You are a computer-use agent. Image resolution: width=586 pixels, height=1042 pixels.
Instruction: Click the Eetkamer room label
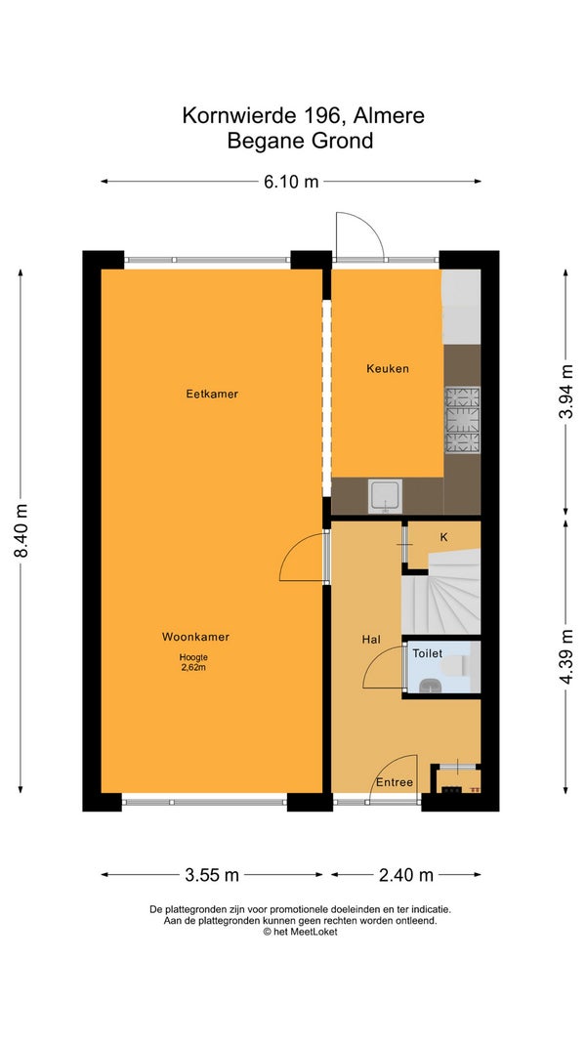tap(212, 395)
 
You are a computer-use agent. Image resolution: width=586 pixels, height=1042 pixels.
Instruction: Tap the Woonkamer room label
tap(196, 637)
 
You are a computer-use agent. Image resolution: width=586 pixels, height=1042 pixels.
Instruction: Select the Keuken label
tap(388, 368)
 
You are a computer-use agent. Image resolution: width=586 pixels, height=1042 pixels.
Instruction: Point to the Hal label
tap(371, 640)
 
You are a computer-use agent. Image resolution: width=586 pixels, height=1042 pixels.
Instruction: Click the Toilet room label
tap(427, 654)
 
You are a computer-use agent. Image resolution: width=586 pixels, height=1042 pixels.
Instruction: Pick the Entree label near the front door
tap(395, 782)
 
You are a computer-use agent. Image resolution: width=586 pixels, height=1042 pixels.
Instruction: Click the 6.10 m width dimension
tap(291, 182)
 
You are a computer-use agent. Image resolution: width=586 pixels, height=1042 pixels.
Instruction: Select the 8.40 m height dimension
tap(21, 531)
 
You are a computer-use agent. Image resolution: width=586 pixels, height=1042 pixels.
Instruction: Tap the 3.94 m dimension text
tap(566, 392)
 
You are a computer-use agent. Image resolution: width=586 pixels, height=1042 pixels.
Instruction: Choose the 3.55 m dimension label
tap(211, 875)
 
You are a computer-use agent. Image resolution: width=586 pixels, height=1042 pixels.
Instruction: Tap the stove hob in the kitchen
tap(462, 420)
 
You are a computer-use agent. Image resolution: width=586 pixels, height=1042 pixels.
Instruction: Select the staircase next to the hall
tap(441, 592)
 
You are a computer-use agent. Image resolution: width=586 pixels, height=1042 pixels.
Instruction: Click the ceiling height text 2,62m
tap(193, 668)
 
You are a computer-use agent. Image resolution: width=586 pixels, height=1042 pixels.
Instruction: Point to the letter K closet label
tap(443, 538)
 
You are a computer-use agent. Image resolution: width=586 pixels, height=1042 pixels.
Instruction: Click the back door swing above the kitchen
tap(359, 236)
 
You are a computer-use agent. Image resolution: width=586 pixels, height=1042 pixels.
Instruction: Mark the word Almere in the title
tap(390, 115)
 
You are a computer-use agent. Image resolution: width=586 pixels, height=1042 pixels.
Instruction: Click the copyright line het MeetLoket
tap(300, 932)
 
